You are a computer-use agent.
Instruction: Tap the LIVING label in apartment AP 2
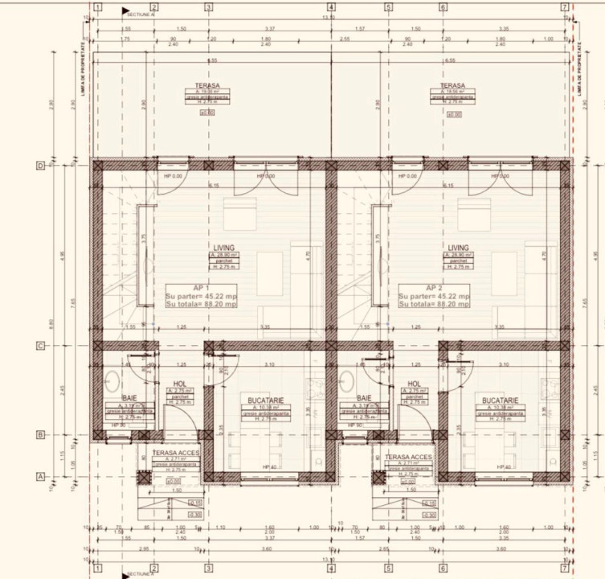tap(458, 248)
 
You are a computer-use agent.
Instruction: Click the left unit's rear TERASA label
tap(207, 84)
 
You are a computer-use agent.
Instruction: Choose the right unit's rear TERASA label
tap(453, 84)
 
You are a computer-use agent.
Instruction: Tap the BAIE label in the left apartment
tap(129, 399)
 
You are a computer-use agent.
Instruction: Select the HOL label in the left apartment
tap(180, 384)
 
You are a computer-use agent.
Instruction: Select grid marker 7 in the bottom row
tap(565, 569)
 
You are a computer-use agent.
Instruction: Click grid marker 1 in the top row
tap(96, 7)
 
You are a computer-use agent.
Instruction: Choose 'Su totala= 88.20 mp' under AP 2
tap(434, 304)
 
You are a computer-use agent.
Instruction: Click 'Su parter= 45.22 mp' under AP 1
tap(201, 296)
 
